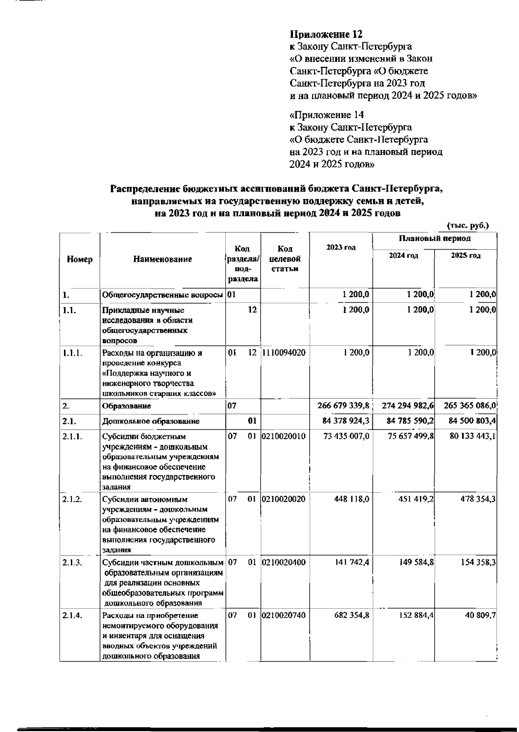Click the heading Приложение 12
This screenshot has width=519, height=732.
click(326, 34)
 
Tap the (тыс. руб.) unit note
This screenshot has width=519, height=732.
click(468, 225)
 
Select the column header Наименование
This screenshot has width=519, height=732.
click(162, 259)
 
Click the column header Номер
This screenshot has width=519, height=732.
click(80, 259)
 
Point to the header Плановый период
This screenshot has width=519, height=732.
click(435, 239)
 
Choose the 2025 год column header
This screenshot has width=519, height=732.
click(465, 256)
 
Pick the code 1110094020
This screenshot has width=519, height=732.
click(284, 353)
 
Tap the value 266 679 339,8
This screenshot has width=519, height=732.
click(343, 406)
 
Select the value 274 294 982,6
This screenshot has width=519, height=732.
click(408, 406)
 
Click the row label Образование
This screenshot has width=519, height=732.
click(127, 406)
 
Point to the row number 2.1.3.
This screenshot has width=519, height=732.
click(72, 562)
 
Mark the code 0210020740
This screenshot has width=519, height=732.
click(284, 615)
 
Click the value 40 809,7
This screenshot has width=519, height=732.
click(480, 615)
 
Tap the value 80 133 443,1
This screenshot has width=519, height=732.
click(472, 436)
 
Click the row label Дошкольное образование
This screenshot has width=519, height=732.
click(151, 421)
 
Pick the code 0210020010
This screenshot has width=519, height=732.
click(284, 436)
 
